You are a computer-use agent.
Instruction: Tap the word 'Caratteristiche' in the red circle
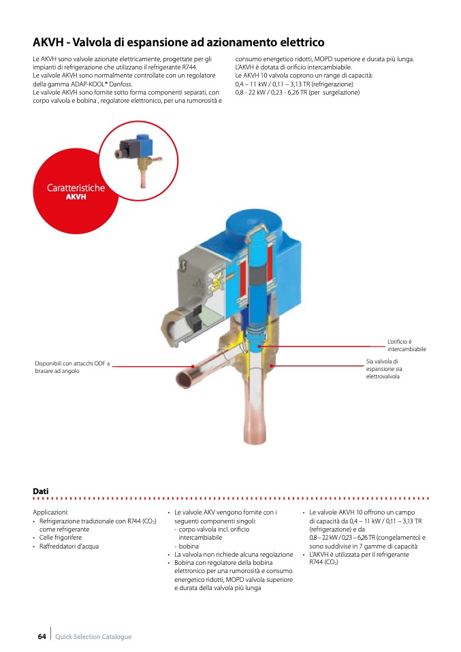[x=76, y=188]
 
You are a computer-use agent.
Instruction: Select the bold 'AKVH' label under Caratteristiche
[x=76, y=197]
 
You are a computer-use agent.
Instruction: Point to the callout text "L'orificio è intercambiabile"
[x=407, y=345]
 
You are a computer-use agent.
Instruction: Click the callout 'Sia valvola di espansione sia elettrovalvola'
[x=383, y=368]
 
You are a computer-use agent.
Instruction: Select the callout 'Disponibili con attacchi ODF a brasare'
[x=71, y=367]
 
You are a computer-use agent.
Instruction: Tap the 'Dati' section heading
[x=40, y=491]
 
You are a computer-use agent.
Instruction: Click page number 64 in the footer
[x=42, y=636]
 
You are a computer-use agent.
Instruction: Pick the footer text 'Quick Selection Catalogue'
[x=93, y=637]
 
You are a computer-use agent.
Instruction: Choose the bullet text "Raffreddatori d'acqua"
[x=69, y=546]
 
